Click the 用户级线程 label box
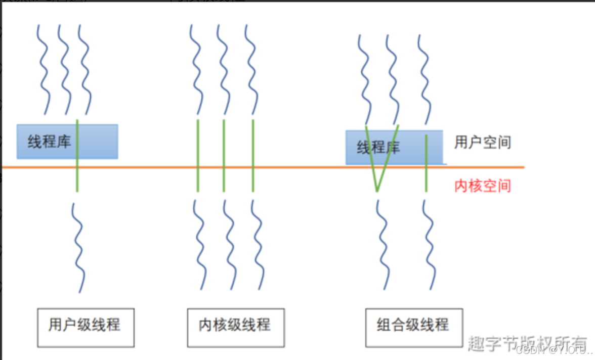(x=86, y=327)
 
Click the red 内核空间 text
(x=482, y=186)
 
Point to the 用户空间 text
(x=482, y=142)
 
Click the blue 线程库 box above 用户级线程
(x=67, y=142)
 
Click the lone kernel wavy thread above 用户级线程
(x=78, y=248)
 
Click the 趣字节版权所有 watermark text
(x=526, y=342)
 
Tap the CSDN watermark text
(x=551, y=350)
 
